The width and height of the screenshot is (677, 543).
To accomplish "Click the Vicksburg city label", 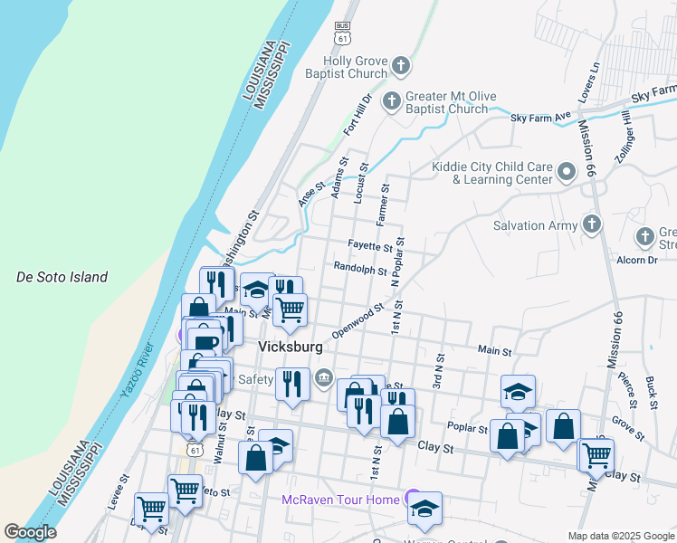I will pyautogui.click(x=291, y=346).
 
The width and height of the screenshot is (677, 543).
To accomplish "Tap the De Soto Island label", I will pyautogui.click(x=62, y=277).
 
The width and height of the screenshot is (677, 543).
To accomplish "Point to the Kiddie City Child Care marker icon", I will pyautogui.click(x=567, y=171).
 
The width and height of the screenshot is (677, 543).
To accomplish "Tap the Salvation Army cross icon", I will pyautogui.click(x=592, y=224).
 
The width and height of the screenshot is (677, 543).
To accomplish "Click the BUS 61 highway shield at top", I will pyautogui.click(x=341, y=34).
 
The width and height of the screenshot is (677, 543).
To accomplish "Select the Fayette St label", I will pyautogui.click(x=370, y=245).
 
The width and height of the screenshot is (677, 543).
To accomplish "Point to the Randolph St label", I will pyautogui.click(x=359, y=268).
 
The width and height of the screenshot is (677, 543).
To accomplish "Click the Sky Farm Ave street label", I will pyautogui.click(x=541, y=117).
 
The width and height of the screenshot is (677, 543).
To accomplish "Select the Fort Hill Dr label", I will pyautogui.click(x=358, y=115).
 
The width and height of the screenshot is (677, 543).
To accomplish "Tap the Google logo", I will pyautogui.click(x=30, y=532).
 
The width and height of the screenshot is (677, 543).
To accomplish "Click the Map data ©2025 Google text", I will pyautogui.click(x=620, y=536).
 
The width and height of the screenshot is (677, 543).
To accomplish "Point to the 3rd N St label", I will pyautogui.click(x=438, y=370).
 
